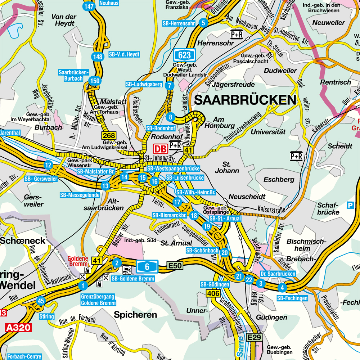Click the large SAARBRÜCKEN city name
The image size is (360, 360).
click(246, 100)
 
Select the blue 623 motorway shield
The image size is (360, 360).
click(185, 55)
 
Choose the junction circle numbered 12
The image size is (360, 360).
click(48, 165)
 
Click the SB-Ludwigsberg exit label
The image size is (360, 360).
click(144, 84)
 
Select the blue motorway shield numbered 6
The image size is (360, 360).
click(147, 266)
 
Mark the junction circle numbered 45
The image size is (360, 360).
click(41, 301)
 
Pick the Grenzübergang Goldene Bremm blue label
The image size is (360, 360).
click(98, 300)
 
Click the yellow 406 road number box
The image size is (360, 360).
click(213, 294)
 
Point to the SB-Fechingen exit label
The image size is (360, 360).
click(292, 298)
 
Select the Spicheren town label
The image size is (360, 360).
click(135, 315)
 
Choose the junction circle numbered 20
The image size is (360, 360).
click(225, 252)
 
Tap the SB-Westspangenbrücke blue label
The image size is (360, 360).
click(173, 168)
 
